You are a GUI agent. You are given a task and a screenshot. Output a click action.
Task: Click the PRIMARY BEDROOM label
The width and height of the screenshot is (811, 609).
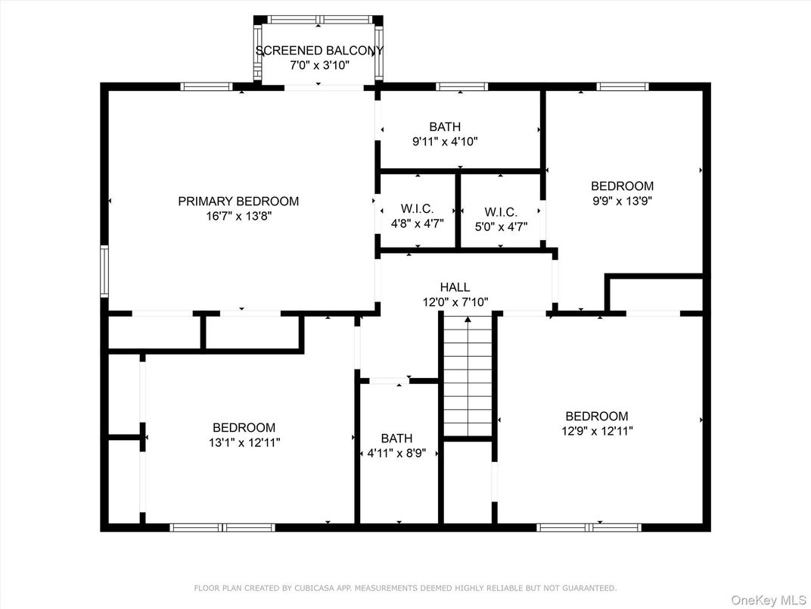tap(238, 201)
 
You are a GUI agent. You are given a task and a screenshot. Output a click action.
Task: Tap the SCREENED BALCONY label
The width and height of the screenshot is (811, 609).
tap(319, 51)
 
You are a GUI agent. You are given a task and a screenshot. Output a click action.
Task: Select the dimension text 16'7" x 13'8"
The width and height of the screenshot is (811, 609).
tap(238, 217)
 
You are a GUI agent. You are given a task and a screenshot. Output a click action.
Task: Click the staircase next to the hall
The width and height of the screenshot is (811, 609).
tap(468, 376)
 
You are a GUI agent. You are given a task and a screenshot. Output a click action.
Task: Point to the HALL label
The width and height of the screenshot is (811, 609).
tap(455, 287)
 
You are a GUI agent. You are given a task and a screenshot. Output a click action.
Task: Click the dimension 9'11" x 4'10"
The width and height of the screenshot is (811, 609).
tap(445, 141)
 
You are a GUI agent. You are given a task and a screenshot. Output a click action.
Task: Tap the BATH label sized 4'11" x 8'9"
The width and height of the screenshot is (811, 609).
tap(396, 439)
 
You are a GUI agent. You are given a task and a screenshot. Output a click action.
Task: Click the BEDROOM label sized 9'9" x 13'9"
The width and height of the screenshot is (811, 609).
tap(622, 186)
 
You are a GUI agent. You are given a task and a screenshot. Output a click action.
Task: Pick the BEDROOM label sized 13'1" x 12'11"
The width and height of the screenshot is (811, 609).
tap(244, 428)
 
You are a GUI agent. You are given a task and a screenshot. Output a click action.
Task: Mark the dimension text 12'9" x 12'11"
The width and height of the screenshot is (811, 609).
tap(597, 431)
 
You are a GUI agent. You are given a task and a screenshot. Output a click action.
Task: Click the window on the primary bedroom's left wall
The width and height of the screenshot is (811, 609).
tap(105, 271)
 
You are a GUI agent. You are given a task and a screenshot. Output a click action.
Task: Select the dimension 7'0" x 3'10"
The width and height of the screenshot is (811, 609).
tap(319, 66)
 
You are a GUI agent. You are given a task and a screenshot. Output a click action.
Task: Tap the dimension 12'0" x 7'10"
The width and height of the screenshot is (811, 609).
tap(455, 301)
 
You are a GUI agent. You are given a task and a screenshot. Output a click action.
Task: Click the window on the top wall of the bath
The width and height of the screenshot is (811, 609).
tap(462, 86)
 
